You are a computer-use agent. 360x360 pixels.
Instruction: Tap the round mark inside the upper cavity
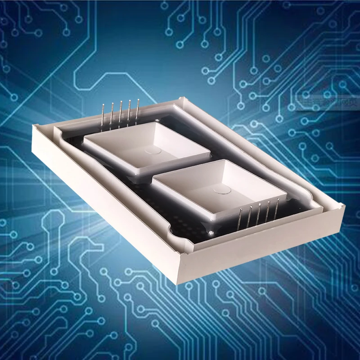point(153,152)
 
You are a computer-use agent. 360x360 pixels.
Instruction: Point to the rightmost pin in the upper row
point(138,111)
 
